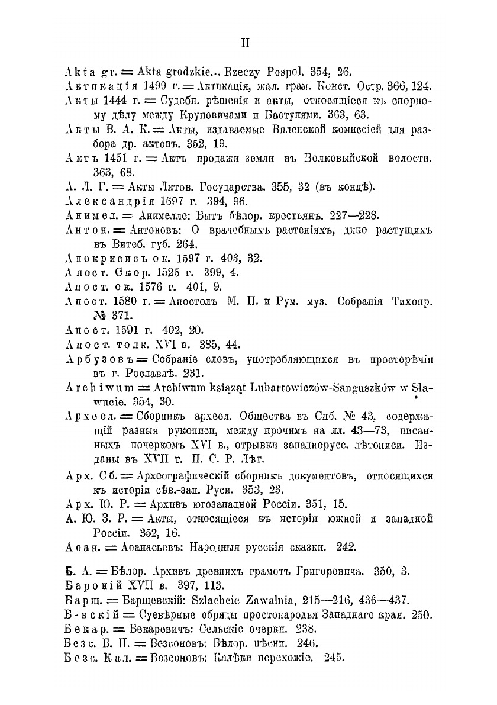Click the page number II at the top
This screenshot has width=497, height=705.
tap(248, 43)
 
